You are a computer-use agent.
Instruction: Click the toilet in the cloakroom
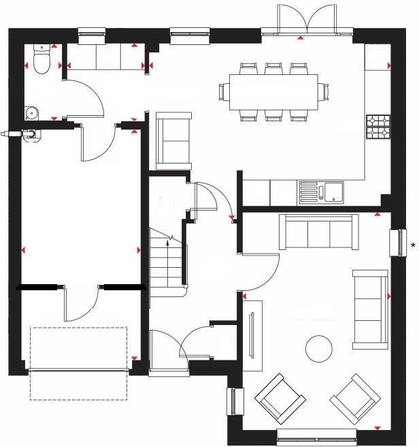(41, 62)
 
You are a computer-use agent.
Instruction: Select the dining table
(272, 91)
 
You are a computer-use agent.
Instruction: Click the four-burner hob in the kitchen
(378, 125)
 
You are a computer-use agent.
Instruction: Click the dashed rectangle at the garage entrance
(78, 363)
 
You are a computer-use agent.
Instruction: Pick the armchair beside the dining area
(173, 141)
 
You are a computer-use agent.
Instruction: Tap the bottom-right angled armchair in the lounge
(354, 399)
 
